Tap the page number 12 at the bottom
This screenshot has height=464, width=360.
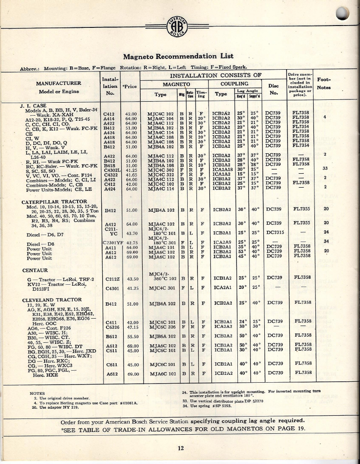181,448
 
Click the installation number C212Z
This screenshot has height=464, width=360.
111,279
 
